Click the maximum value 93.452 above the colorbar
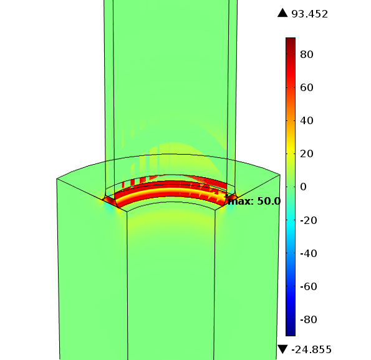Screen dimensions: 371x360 click(309, 14)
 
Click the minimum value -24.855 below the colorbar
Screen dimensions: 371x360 click(311, 349)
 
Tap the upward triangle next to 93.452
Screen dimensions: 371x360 click(282, 13)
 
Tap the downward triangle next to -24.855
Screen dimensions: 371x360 click(282, 349)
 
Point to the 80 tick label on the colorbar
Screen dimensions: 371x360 click(307, 54)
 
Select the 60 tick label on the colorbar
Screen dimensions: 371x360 click(307, 87)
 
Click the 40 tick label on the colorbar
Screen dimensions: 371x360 click(307, 120)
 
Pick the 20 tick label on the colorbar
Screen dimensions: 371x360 click(307, 154)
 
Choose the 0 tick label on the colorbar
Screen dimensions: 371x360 click(303, 187)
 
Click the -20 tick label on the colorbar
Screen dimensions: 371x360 click(309, 220)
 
